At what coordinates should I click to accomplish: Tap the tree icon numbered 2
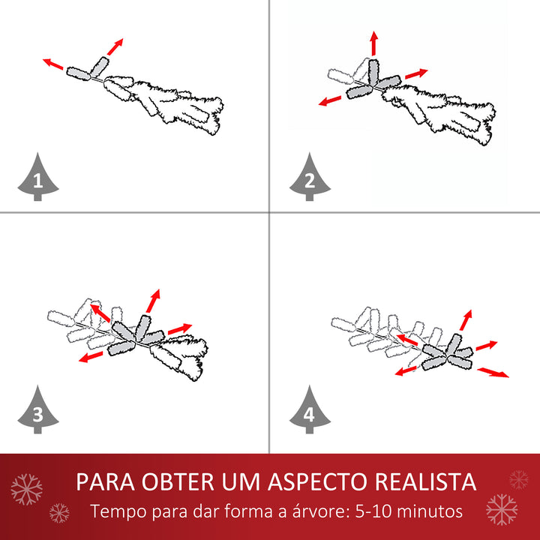coord(308,178)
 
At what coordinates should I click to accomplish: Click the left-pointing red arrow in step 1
coord(52,64)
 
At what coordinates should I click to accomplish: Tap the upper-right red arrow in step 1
coord(114,46)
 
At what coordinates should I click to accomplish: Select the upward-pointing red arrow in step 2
coord(373,43)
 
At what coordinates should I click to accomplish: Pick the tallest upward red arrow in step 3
coord(154,300)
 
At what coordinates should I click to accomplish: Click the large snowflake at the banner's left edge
coord(27,489)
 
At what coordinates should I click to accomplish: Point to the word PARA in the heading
coord(105,481)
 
